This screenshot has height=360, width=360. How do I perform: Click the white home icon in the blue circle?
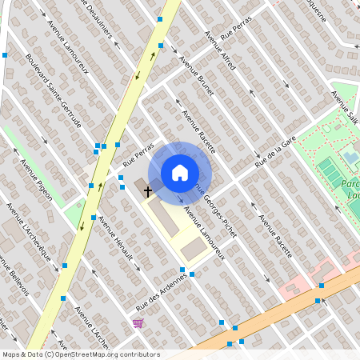coord(180,173)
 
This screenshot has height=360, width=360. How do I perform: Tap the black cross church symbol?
coord(148,191)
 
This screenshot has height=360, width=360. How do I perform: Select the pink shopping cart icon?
coord(138,323)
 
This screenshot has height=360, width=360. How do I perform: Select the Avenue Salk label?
coord(345,107)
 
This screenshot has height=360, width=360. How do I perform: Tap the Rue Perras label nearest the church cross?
coord(138,151)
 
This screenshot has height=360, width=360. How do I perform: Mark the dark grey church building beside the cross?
coord(141,186)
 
